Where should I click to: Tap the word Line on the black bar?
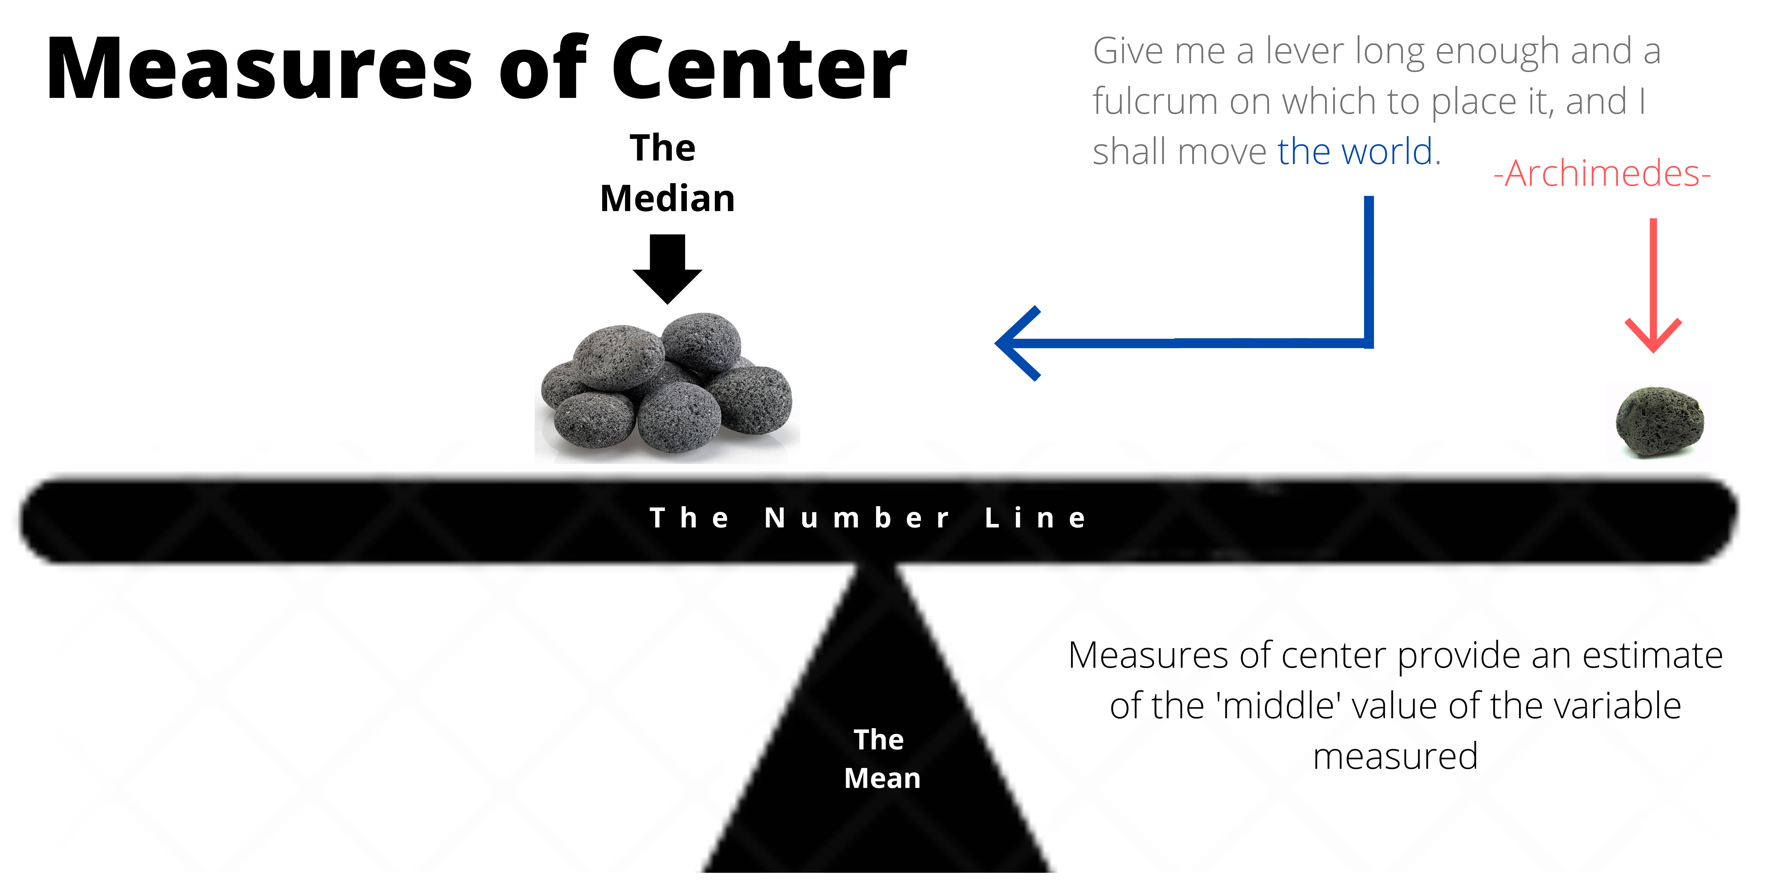click(1035, 518)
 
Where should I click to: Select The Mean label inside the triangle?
click(881, 759)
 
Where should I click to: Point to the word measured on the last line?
click(1395, 756)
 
